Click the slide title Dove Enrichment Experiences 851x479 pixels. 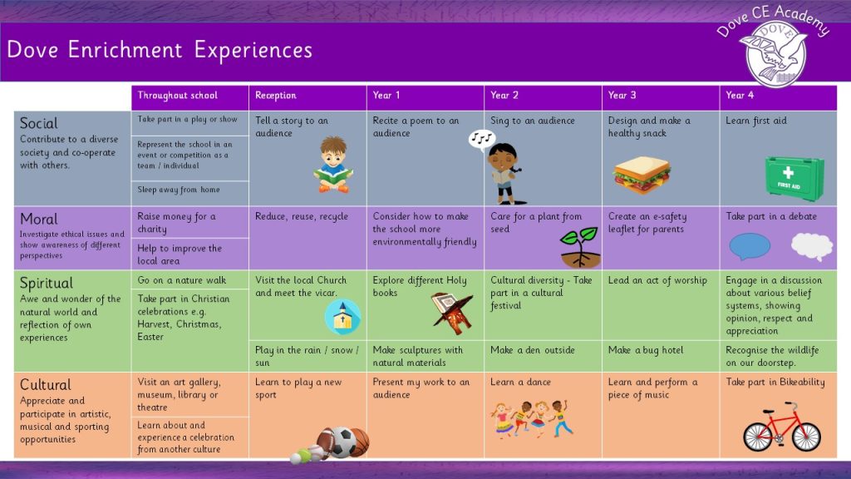(x=160, y=50)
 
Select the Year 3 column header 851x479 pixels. (x=622, y=96)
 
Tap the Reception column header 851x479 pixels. (x=276, y=96)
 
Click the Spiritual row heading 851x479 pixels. (x=47, y=284)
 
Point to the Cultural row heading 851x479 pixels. (x=46, y=385)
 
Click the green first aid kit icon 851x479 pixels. (x=794, y=177)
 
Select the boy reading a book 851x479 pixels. (x=333, y=165)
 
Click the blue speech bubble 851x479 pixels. (x=750, y=247)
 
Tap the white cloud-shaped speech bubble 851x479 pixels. (x=811, y=246)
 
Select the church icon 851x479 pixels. (x=342, y=317)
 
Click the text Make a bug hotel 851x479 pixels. (x=646, y=350)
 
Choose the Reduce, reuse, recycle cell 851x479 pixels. (x=302, y=216)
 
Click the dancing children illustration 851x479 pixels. (x=532, y=417)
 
